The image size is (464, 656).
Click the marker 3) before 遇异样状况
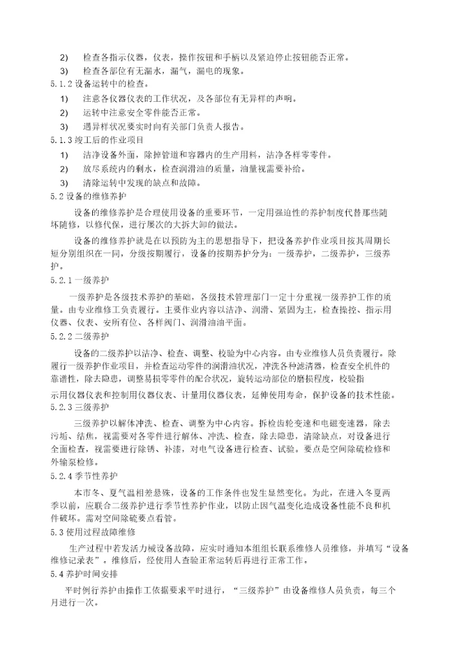point(63,126)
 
